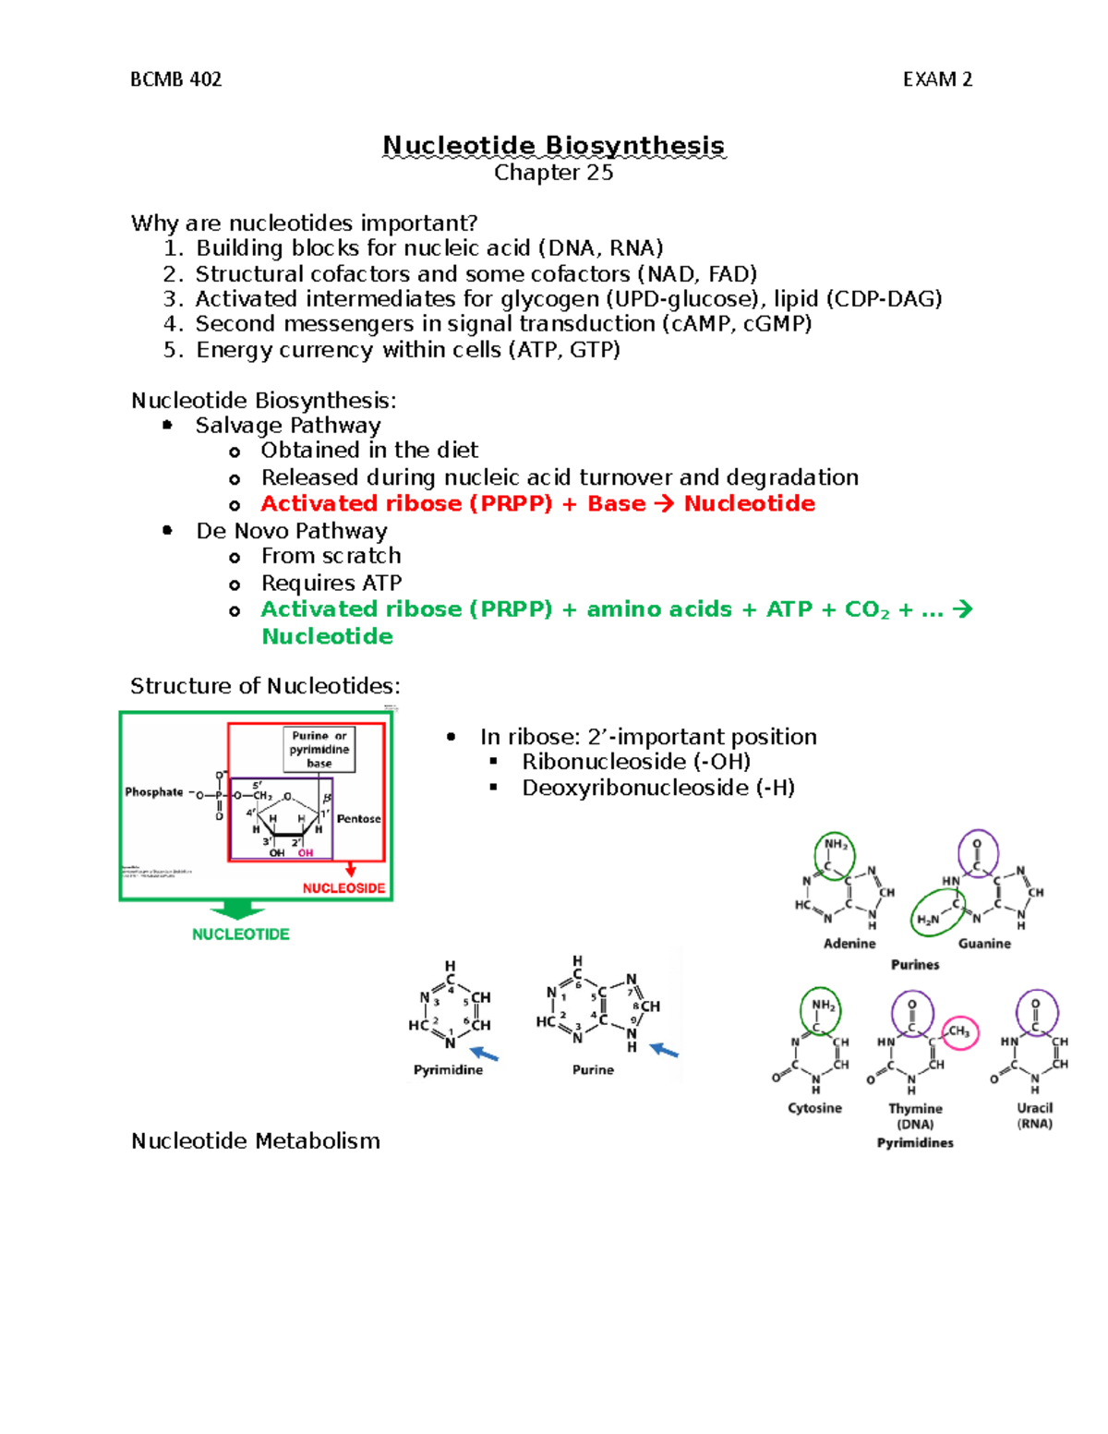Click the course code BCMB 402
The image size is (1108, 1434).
175,79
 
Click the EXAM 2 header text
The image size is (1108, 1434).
937,79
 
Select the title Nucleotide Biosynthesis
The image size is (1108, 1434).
553,146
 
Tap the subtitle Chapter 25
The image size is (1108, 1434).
553,173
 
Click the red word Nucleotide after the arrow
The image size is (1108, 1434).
749,504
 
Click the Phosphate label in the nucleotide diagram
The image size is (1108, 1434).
154,792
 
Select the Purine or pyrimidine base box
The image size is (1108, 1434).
319,750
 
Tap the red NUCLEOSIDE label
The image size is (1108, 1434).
343,888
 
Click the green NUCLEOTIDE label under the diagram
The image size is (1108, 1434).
240,934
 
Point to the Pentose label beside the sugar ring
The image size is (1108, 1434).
358,819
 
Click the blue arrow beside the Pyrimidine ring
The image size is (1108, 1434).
484,1054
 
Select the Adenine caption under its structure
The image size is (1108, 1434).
849,944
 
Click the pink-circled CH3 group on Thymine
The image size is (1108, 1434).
959,1032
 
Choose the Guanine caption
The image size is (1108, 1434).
984,944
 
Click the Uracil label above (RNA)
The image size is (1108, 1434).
1034,1108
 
